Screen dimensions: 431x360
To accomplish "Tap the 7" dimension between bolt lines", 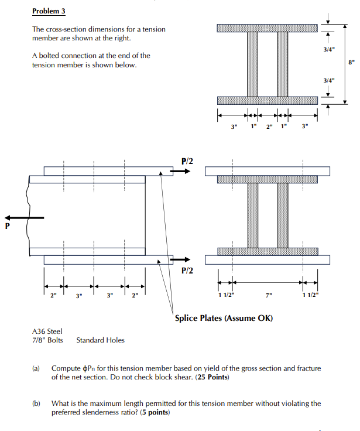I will pyautogui.click(x=268, y=295).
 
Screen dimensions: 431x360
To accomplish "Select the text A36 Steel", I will pyautogui.click(x=47, y=331).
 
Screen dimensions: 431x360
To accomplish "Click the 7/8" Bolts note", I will pyautogui.click(x=47, y=340).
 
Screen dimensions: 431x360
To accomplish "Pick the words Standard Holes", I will pyautogui.click(x=100, y=340).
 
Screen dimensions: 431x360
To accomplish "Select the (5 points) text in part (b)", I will pyautogui.click(x=150, y=412).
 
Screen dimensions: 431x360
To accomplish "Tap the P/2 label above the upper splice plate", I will pyautogui.click(x=187, y=161).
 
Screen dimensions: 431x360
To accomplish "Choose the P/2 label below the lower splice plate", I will pyautogui.click(x=187, y=271).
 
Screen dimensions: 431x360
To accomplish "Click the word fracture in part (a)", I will pyautogui.click(x=308, y=368).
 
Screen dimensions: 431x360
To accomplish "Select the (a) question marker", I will pyautogui.click(x=36, y=368).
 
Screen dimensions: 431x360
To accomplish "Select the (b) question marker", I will pyautogui.click(x=36, y=403).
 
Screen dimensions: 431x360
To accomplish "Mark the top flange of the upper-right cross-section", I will pyautogui.click(x=267, y=29).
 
